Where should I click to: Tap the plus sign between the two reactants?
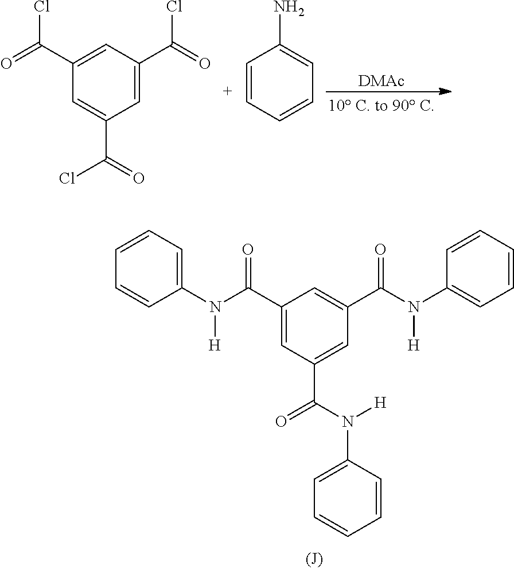tap(227, 91)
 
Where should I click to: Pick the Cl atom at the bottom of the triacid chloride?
tap(67, 178)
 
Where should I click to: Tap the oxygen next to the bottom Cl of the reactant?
tap(138, 179)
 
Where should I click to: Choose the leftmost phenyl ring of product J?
tap(149, 268)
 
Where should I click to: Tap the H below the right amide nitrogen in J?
tap(414, 344)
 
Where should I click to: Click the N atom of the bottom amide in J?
tap(347, 423)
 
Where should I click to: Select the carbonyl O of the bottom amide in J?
tap(281, 423)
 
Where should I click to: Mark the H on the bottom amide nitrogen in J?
tap(379, 404)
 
